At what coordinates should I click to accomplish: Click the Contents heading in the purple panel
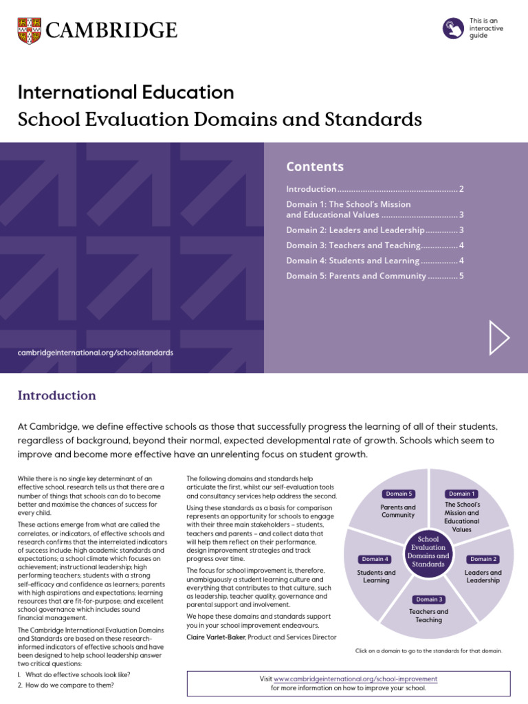click(314, 167)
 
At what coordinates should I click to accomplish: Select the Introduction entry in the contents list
click(311, 189)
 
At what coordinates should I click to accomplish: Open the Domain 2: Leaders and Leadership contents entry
click(355, 230)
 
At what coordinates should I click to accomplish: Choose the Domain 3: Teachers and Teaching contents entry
click(353, 245)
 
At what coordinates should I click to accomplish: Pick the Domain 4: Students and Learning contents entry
click(352, 261)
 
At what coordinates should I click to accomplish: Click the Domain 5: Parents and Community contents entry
click(355, 276)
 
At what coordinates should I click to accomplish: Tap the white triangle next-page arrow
click(499, 338)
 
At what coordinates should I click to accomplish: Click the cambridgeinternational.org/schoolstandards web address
click(96, 353)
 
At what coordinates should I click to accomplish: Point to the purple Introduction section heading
click(56, 395)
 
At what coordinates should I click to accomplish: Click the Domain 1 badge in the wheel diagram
click(461, 494)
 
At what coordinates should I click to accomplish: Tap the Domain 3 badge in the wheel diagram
click(430, 599)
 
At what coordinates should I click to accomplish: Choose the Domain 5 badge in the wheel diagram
click(398, 494)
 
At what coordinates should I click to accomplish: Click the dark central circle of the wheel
click(429, 551)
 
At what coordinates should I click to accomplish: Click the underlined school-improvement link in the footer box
click(355, 679)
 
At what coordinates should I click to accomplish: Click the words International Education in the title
click(126, 92)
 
